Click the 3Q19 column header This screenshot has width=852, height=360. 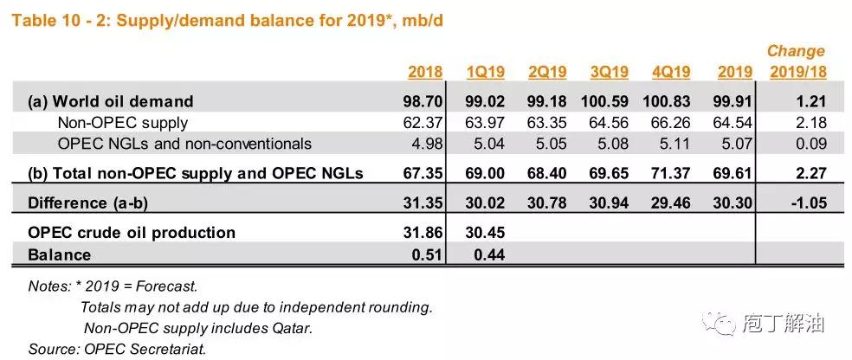pos(610,72)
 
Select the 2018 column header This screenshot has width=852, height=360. pos(424,72)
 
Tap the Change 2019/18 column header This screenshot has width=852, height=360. pos(796,61)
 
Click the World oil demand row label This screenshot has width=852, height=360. pos(110,102)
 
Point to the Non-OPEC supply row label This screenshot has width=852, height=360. pos(122,123)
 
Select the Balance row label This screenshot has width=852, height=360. pos(59,254)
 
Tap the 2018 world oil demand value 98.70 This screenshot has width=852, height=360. pos(424,102)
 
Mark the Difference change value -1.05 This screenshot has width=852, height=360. pos(804,202)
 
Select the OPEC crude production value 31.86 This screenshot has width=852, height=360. pos(424,232)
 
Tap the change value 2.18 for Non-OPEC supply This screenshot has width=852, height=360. pos(809,123)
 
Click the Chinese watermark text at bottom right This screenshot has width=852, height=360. pos(784,324)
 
